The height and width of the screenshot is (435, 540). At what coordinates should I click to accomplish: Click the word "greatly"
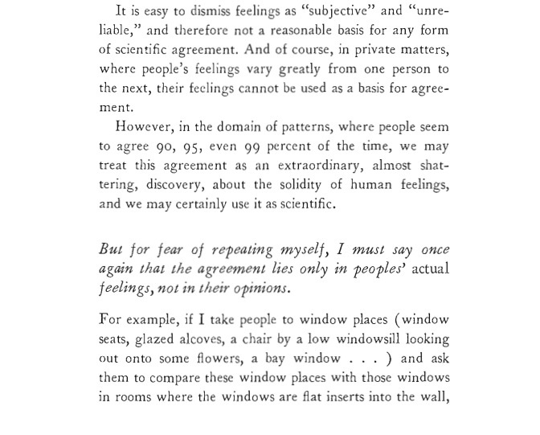[x=299, y=69]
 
